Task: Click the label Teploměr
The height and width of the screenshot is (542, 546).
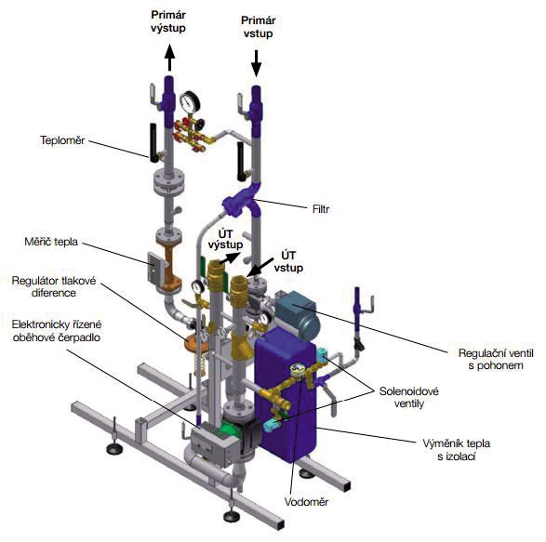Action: pos(62,140)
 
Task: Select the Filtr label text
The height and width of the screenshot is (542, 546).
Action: pos(321,209)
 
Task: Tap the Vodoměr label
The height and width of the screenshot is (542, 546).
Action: pos(306,502)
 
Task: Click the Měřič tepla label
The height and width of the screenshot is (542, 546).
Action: pos(51,241)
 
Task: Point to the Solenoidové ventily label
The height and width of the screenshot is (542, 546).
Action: pos(409,397)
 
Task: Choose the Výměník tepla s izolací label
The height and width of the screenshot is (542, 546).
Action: pos(456,449)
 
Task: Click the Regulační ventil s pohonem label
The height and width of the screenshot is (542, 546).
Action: pos(496,359)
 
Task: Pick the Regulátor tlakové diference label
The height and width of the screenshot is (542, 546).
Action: pos(54,286)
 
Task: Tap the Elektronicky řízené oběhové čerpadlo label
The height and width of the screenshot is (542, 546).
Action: pos(57,331)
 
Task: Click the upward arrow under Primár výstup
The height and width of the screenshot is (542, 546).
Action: pos(169,58)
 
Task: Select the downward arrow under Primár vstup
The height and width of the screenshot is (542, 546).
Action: pos(257,63)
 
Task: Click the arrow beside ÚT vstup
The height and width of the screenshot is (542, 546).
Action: pos(262,267)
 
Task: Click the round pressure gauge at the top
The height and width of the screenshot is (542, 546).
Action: pos(190,101)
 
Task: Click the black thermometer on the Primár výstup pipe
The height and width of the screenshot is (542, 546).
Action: pos(153,142)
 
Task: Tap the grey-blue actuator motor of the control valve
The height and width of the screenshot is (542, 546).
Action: pos(298,316)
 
